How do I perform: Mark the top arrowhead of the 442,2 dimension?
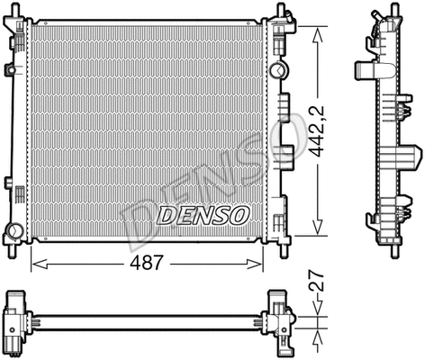316,31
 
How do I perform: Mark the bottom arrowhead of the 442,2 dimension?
316,231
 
